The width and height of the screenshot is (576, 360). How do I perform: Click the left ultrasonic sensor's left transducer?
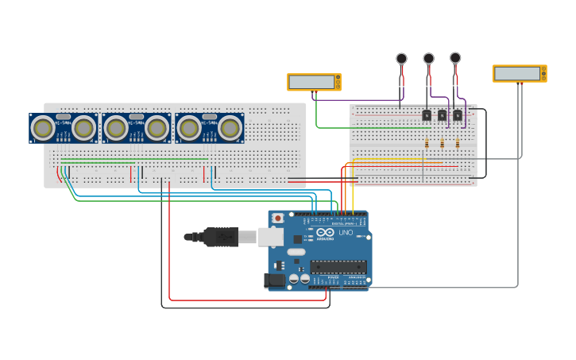pyautogui.click(x=43, y=127)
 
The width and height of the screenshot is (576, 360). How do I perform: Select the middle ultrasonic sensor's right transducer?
pyautogui.click(x=157, y=127)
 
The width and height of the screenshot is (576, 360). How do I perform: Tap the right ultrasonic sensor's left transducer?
pyautogui.click(x=189, y=127)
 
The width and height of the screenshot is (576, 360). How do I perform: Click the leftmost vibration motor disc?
pyautogui.click(x=401, y=58)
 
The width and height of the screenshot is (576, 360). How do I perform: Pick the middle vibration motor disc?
pyautogui.click(x=428, y=58)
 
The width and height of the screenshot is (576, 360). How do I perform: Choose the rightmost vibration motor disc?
pyautogui.click(x=455, y=57)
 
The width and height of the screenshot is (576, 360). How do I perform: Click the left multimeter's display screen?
pyautogui.click(x=311, y=82)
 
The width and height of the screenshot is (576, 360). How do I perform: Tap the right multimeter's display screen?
pyautogui.click(x=517, y=74)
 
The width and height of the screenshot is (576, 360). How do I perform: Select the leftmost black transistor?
pyautogui.click(x=427, y=115)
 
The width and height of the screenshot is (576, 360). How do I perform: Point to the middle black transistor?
pyautogui.click(x=442, y=115)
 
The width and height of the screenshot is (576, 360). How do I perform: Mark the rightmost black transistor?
pyautogui.click(x=458, y=115)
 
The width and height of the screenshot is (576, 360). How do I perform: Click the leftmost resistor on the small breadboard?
pyautogui.click(x=427, y=144)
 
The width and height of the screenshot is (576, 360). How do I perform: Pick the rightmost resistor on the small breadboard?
pyautogui.click(x=457, y=144)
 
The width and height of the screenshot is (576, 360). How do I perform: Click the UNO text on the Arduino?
pyautogui.click(x=346, y=233)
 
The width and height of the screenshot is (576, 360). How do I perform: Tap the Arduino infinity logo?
pyautogui.click(x=321, y=233)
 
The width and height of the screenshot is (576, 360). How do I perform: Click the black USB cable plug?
pyautogui.click(x=220, y=237)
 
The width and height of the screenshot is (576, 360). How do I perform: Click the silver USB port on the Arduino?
pyautogui.click(x=271, y=236)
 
